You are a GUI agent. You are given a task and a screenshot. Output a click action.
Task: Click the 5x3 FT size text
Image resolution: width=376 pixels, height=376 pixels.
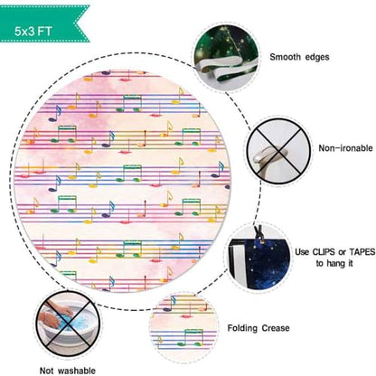tap(33, 32)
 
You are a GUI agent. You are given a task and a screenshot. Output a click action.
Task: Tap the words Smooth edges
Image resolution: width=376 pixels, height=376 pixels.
tap(299, 57)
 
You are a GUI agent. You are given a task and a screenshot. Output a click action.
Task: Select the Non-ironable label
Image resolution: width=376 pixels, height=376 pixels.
tap(345, 148)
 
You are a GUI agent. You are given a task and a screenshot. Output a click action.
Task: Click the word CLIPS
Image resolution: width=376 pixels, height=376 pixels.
tap(326, 251)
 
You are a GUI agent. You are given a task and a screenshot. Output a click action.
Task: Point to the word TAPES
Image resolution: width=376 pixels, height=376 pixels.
tap(362, 251)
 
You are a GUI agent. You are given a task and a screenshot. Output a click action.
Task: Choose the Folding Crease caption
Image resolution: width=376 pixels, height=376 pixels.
tap(258, 328)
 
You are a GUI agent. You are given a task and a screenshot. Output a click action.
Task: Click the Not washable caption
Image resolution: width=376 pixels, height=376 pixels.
tap(68, 371)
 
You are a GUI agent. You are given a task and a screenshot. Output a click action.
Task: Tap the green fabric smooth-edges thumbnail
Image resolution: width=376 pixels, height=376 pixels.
tap(226, 57)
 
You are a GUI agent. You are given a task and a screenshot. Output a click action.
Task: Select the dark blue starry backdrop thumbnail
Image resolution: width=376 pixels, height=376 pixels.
tap(259, 259)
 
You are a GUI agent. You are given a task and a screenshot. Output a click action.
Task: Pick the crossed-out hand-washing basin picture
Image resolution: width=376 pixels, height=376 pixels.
tap(68, 324)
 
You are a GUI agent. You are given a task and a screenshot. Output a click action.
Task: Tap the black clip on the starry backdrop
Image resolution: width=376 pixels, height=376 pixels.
tap(258, 234)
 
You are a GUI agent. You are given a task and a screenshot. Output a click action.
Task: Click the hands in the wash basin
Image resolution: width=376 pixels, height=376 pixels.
tap(55, 315)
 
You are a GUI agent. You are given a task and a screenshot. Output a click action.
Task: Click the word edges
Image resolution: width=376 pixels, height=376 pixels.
tap(317, 57)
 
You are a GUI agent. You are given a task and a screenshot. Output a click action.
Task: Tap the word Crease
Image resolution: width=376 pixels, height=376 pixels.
tap(276, 328)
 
